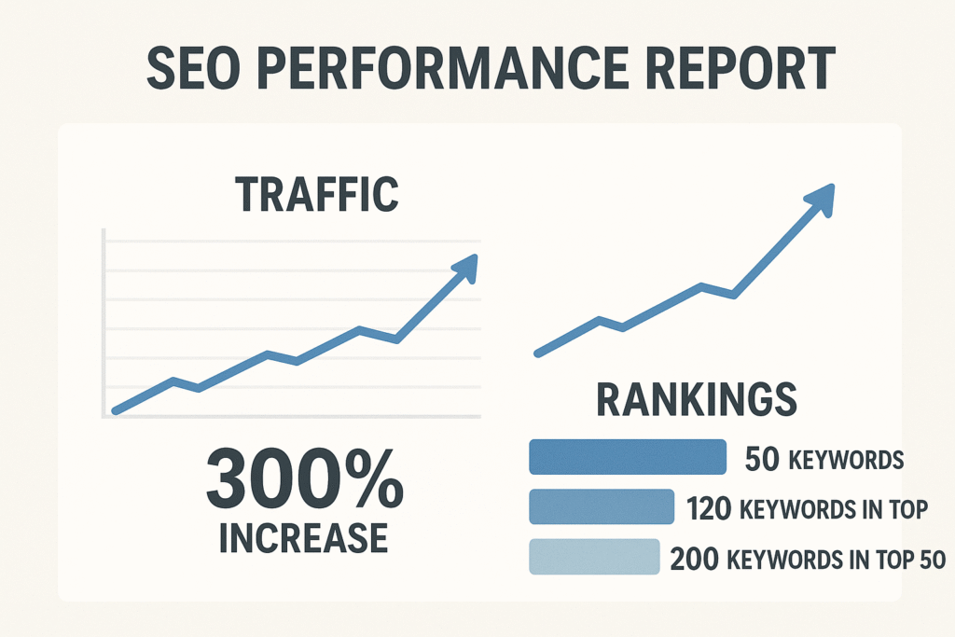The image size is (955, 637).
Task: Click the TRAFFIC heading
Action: (x=316, y=193)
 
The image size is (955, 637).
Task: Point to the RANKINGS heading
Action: (x=697, y=400)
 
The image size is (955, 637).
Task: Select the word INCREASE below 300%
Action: (x=304, y=538)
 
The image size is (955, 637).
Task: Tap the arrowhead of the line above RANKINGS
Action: (x=820, y=198)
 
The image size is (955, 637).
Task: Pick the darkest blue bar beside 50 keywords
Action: (x=627, y=457)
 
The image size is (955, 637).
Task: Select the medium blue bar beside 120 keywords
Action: (x=601, y=507)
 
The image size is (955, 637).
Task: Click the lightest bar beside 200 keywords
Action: (x=593, y=557)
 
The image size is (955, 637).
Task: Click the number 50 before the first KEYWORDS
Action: (x=764, y=460)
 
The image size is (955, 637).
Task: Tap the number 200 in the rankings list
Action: (x=695, y=560)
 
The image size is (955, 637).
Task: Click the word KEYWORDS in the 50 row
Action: (x=846, y=461)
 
